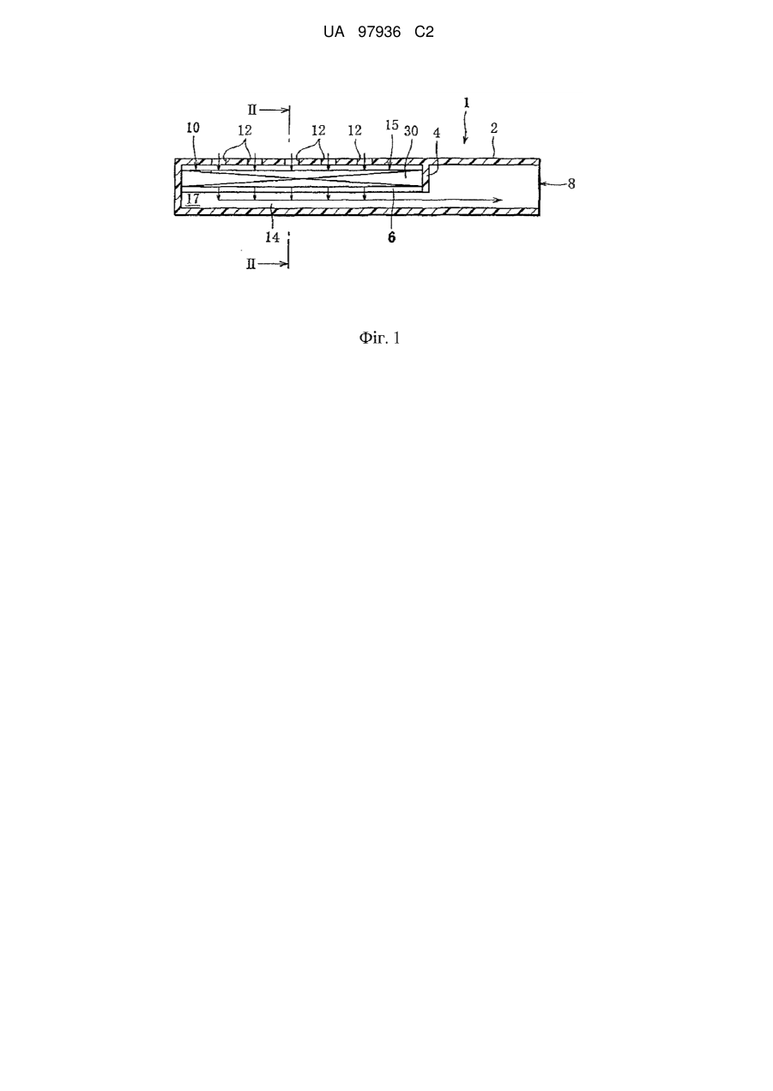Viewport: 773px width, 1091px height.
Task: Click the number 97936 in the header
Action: pyautogui.click(x=379, y=33)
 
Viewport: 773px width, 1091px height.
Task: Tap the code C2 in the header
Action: pyautogui.click(x=424, y=33)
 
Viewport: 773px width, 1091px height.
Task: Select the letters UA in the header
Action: pyautogui.click(x=334, y=33)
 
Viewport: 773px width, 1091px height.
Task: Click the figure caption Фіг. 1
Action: pyautogui.click(x=379, y=338)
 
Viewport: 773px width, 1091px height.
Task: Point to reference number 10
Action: pyautogui.click(x=193, y=128)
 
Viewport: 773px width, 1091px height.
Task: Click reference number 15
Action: pyautogui.click(x=391, y=125)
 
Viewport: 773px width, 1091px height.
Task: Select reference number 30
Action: pyautogui.click(x=411, y=131)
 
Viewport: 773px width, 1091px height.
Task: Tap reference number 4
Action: pyautogui.click(x=437, y=133)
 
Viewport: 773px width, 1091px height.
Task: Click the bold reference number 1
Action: pyautogui.click(x=467, y=103)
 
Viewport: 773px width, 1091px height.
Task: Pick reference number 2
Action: pyautogui.click(x=494, y=128)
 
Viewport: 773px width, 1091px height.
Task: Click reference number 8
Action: pyautogui.click(x=571, y=183)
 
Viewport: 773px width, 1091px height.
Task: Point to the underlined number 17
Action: pyautogui.click(x=193, y=199)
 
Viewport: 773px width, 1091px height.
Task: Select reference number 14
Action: pyautogui.click(x=272, y=237)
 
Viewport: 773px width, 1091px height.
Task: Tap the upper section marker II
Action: pyautogui.click(x=251, y=110)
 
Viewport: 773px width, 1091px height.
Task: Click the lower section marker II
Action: pyautogui.click(x=251, y=265)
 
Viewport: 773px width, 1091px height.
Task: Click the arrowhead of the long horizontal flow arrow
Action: pyautogui.click(x=499, y=199)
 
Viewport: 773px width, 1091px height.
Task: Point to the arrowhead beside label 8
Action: pyautogui.click(x=543, y=183)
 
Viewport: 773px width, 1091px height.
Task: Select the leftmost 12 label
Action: pyautogui.click(x=245, y=130)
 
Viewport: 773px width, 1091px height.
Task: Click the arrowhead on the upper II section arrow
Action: pyautogui.click(x=286, y=111)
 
